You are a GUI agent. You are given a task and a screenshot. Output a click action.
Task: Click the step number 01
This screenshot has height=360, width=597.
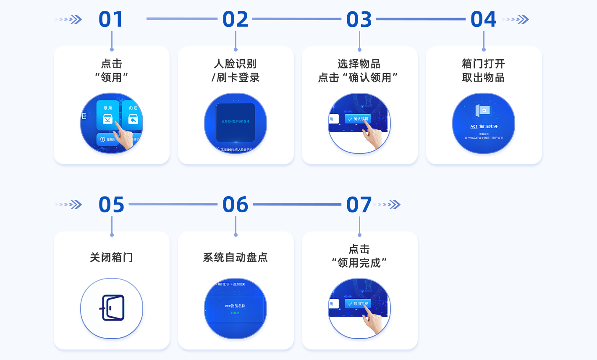pos(111,19)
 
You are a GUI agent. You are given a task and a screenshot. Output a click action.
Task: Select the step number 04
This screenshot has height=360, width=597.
pos(483,19)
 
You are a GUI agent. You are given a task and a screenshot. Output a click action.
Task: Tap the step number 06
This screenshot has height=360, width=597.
pos(235,205)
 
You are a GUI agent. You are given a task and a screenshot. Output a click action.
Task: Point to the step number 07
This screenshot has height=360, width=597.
pos(359,205)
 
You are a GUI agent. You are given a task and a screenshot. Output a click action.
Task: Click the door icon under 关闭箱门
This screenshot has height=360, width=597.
pos(112,308)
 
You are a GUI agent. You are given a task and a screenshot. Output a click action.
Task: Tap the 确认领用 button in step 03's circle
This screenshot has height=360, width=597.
pos(358,119)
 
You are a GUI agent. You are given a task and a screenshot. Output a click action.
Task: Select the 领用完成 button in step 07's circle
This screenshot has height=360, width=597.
pos(358,304)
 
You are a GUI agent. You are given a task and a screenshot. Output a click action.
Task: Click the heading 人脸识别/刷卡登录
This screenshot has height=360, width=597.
pos(236,71)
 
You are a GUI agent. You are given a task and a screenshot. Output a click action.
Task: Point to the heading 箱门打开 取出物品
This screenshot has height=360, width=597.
pos(483,71)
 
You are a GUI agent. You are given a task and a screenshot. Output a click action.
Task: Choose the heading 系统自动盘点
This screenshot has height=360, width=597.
pos(235,257)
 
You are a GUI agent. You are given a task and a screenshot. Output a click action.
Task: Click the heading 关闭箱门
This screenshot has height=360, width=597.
pos(111,257)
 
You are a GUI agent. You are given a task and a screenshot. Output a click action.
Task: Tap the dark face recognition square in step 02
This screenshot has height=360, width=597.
pos(236,122)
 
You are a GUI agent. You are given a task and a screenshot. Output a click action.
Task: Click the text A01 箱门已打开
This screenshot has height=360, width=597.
pos(484,126)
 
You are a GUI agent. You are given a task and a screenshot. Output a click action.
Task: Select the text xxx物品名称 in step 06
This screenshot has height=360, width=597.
pos(235,306)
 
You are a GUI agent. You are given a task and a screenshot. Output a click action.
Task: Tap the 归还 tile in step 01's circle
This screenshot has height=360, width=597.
pos(133,116)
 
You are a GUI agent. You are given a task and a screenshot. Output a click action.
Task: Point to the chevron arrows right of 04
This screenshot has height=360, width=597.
pos(516,19)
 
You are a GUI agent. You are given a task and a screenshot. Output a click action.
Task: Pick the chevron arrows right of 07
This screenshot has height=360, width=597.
pos(388,205)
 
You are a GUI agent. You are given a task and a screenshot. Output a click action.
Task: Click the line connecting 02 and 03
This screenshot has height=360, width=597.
pos(297,19)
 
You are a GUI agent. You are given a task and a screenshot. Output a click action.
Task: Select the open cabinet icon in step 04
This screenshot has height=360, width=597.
pos(483,111)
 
